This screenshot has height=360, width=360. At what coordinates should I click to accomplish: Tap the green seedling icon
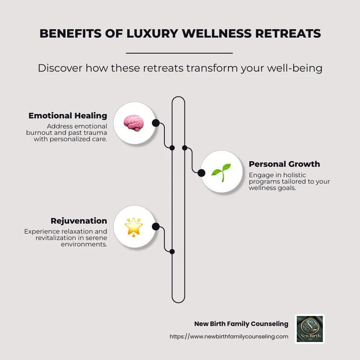click(221, 172)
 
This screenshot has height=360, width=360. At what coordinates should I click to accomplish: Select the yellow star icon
click(134, 227)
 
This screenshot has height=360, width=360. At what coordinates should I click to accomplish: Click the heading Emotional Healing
click(68, 116)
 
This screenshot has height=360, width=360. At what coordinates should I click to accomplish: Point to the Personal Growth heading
click(284, 164)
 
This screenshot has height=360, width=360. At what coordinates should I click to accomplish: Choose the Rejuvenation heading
click(79, 221)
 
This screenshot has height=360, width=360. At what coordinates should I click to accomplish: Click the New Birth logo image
click(310, 329)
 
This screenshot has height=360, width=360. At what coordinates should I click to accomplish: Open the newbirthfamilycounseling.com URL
click(229, 336)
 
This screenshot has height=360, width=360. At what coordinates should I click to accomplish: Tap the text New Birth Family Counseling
click(241, 324)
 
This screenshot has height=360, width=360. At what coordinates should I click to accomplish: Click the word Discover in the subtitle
click(59, 68)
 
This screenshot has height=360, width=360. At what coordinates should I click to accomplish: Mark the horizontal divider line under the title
click(179, 53)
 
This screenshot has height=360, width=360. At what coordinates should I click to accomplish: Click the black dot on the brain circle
click(156, 123)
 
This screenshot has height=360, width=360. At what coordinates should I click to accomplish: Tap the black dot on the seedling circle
click(201, 172)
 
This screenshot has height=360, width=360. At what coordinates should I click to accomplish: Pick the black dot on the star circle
click(156, 227)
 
